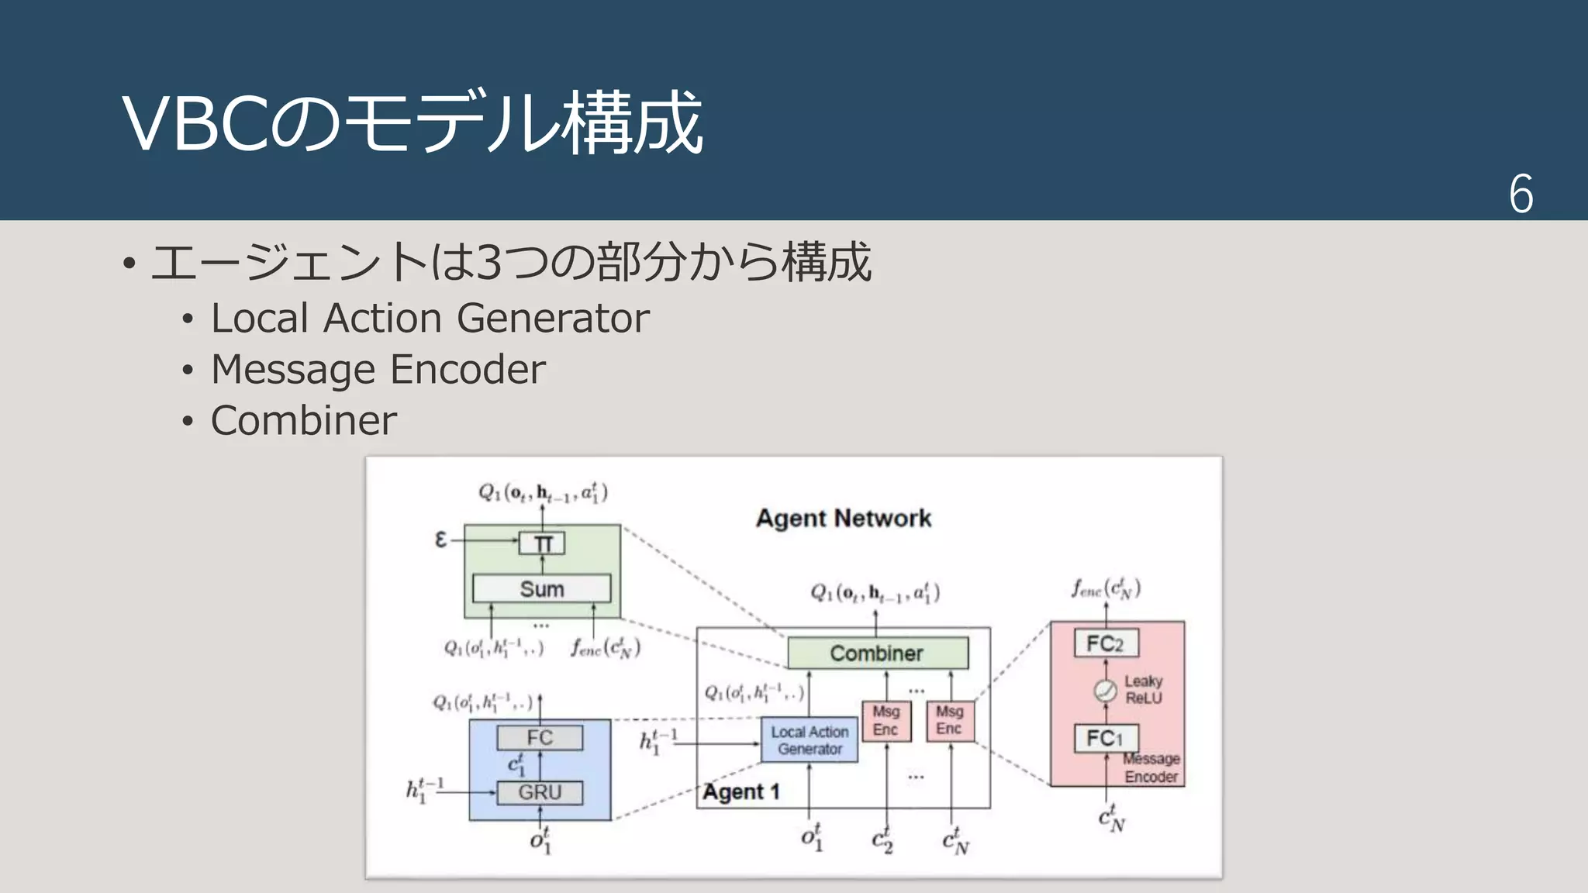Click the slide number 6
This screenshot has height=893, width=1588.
[x=1521, y=194]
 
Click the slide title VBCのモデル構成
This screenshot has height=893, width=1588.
[x=413, y=122]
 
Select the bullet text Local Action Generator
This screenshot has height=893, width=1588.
[x=430, y=318]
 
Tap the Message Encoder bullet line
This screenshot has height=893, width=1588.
[x=378, y=369]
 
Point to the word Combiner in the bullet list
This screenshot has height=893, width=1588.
[x=303, y=420]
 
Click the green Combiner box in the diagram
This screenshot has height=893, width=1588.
[x=877, y=653]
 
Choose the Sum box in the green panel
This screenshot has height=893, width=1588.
[x=541, y=588]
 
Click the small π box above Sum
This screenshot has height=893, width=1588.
[x=542, y=543]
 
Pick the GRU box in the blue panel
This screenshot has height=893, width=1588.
[x=540, y=792]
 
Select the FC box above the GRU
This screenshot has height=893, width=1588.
[x=540, y=737]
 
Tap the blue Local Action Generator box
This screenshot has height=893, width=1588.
[x=810, y=740]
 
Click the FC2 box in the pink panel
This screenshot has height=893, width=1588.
[x=1106, y=643]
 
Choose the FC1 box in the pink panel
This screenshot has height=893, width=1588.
[x=1106, y=738]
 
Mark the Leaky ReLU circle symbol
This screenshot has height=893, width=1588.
[x=1105, y=690]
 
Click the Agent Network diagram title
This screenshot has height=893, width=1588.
[x=844, y=518]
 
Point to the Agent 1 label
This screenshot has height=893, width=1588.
[x=741, y=792]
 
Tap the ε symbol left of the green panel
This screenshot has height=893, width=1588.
[x=440, y=540]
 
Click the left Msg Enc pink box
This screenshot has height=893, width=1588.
[x=886, y=721]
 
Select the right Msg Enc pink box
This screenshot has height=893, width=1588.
[x=950, y=721]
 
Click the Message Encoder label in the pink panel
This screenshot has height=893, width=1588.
[x=1151, y=768]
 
